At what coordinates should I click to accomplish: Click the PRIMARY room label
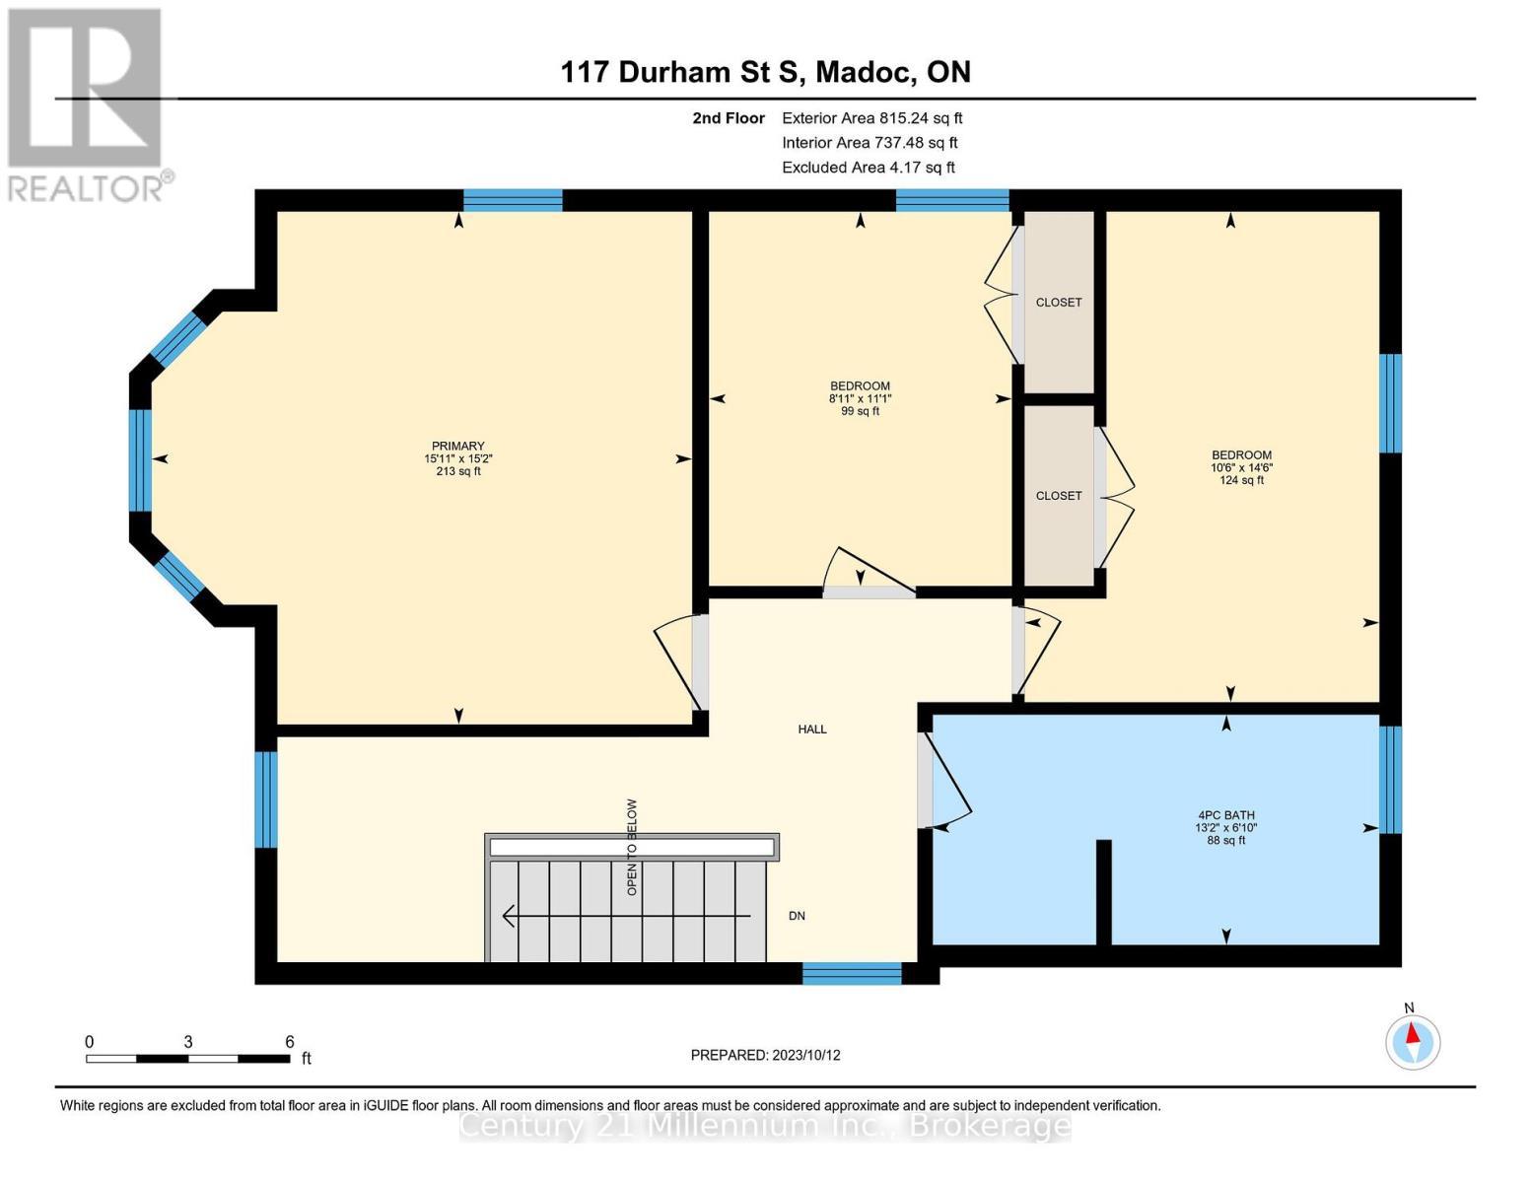(x=457, y=447)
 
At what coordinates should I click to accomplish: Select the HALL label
(x=812, y=730)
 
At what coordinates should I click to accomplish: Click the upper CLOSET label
(x=1059, y=303)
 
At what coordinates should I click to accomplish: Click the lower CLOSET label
(x=1059, y=496)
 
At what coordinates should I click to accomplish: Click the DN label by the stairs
(x=797, y=916)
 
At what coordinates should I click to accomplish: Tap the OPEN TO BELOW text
(x=632, y=847)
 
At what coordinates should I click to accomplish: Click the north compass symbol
(x=1413, y=1041)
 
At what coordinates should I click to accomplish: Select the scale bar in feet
(x=187, y=1059)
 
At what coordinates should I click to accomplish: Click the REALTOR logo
(x=87, y=104)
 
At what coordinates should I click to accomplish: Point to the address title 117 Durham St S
(x=765, y=72)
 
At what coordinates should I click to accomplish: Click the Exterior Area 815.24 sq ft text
(x=871, y=118)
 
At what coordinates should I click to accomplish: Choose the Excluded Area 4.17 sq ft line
(x=868, y=168)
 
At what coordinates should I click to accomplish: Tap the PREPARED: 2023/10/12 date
(x=765, y=1055)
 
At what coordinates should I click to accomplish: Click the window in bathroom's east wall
(x=1390, y=780)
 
